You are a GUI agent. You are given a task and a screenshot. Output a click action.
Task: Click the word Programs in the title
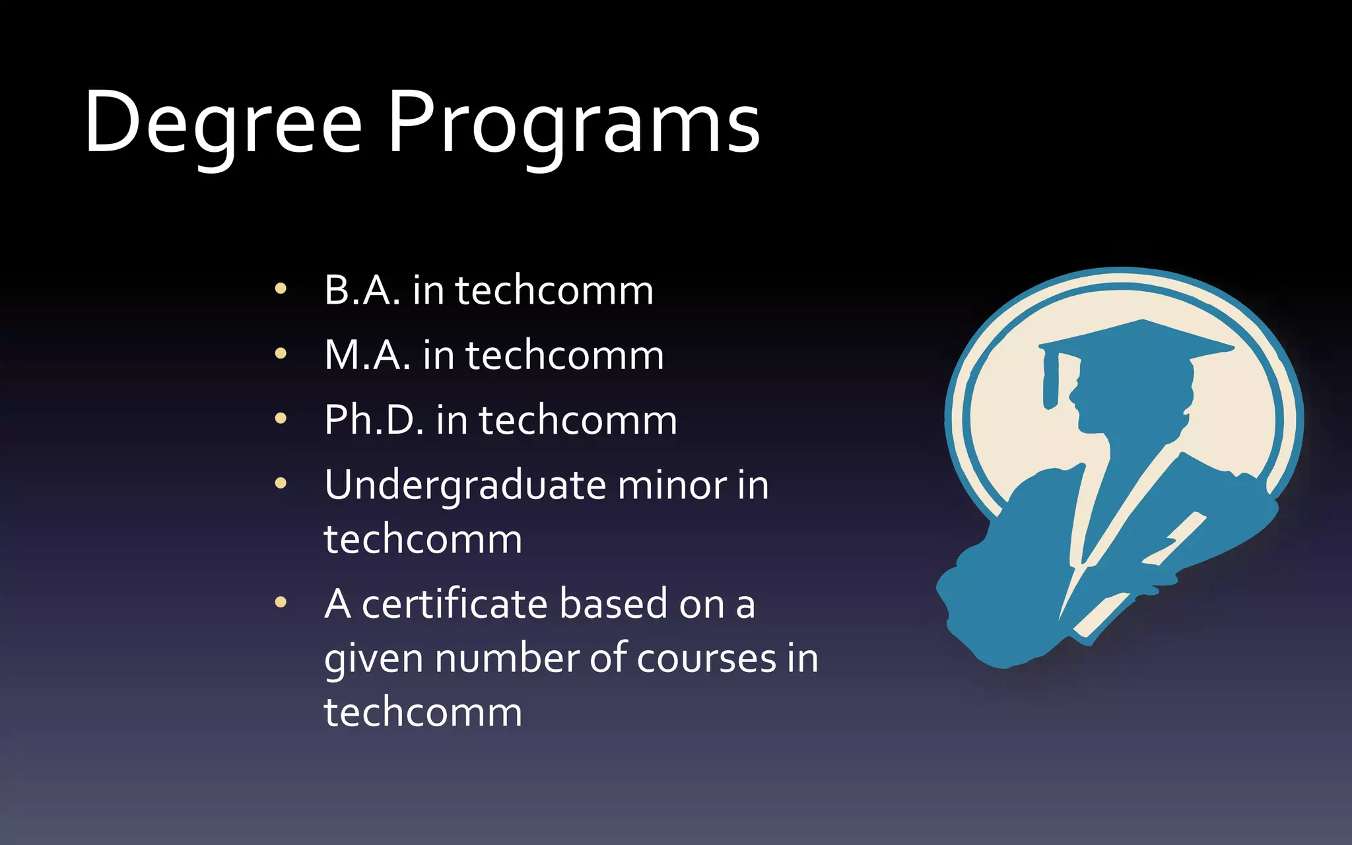pyautogui.click(x=573, y=125)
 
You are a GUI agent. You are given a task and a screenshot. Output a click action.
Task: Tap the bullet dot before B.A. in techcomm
pyautogui.click(x=281, y=288)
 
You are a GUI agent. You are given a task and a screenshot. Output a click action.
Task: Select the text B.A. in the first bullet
pyautogui.click(x=362, y=290)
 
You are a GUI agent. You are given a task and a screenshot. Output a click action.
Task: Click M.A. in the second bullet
pyautogui.click(x=367, y=355)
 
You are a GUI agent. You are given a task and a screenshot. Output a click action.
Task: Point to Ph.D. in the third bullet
pyautogui.click(x=374, y=420)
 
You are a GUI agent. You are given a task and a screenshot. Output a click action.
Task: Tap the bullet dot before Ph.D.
pyautogui.click(x=281, y=418)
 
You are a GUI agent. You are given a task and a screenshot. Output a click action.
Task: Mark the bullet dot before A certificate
pyautogui.click(x=281, y=602)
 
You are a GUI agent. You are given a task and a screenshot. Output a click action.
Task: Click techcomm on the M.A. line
pyautogui.click(x=564, y=355)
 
